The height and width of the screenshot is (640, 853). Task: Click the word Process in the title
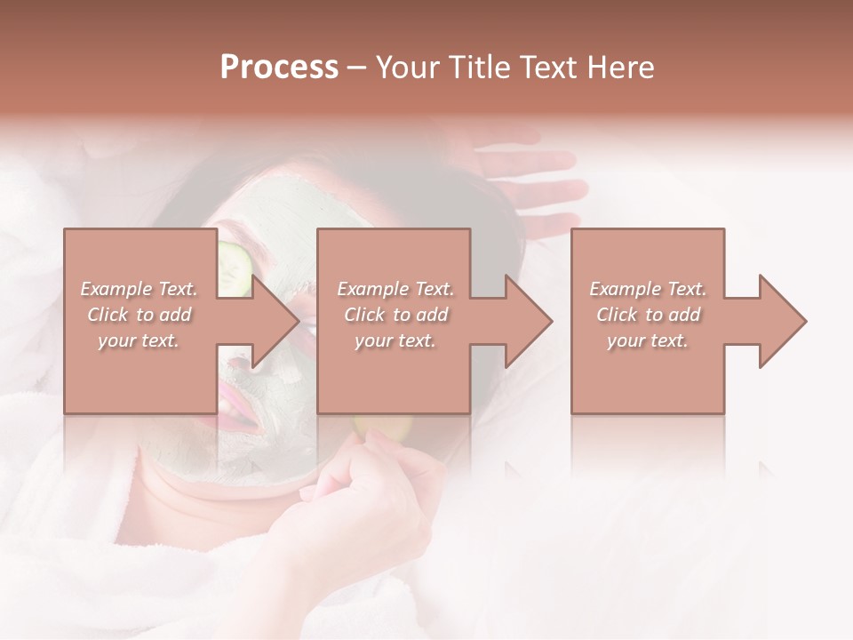pyautogui.click(x=279, y=68)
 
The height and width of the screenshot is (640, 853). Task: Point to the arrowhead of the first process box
pyautogui.click(x=276, y=321)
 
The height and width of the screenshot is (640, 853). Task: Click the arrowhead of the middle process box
pyautogui.click(x=530, y=321)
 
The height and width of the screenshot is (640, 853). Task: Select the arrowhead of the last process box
pyautogui.click(x=783, y=321)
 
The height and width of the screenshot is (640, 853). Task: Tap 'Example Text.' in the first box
pyautogui.click(x=140, y=289)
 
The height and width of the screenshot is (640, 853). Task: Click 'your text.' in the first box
pyautogui.click(x=140, y=340)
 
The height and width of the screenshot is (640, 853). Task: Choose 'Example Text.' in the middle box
pyautogui.click(x=395, y=289)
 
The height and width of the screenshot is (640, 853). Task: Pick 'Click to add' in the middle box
pyautogui.click(x=395, y=315)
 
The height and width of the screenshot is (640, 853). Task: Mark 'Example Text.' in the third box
pyautogui.click(x=648, y=289)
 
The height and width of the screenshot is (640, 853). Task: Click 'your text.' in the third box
pyautogui.click(x=648, y=340)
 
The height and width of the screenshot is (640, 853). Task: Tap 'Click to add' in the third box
pyautogui.click(x=648, y=315)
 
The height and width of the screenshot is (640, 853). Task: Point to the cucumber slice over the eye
pyautogui.click(x=234, y=267)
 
